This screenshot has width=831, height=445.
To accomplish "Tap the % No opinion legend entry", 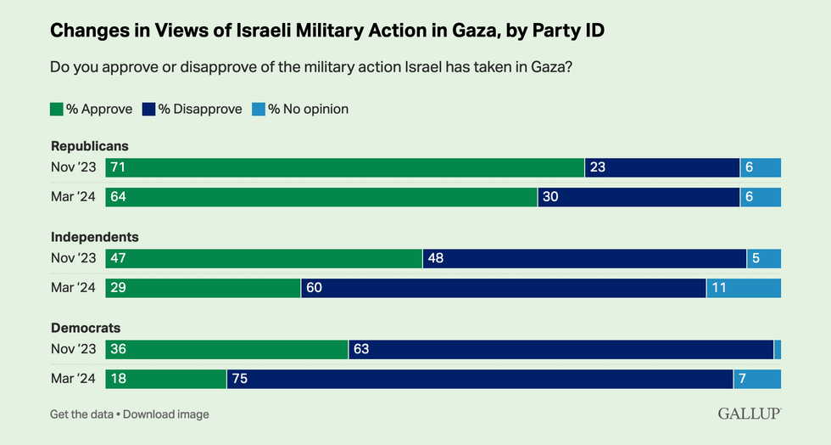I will point(301,109).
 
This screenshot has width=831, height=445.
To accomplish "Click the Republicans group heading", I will point(90,146).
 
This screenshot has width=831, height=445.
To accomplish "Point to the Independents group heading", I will point(94,237).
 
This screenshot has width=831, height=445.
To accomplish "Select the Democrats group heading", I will point(86,328).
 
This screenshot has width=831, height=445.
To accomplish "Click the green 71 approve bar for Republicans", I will point(344,167).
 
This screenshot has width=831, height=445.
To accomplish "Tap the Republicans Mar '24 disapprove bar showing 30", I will point(639,197).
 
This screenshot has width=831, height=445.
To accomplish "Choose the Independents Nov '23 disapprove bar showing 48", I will point(584,258).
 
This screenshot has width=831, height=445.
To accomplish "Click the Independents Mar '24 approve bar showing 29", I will point(203,288).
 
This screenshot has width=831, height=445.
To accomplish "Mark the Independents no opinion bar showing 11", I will point(744,288).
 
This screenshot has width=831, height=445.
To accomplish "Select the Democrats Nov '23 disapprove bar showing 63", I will point(561,349).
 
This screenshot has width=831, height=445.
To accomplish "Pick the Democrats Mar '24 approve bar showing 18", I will point(165,379).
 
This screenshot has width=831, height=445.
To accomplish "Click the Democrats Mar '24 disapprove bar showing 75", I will point(480,379).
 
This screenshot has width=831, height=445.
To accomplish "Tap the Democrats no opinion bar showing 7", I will point(757,379).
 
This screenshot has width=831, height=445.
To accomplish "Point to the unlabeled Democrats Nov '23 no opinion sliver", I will point(778,349).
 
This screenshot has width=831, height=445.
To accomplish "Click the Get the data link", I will point(81,414).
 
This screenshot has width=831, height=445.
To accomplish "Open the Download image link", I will point(166,414).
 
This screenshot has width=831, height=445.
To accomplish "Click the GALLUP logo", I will point(750,414).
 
